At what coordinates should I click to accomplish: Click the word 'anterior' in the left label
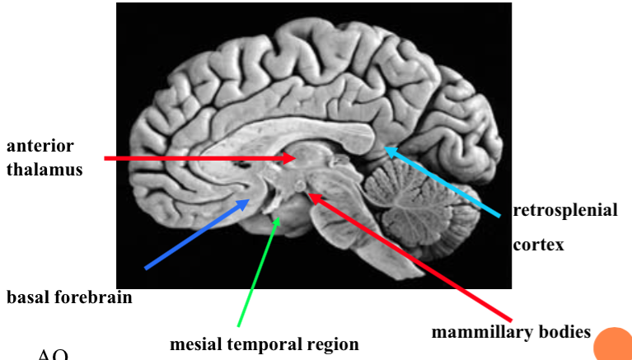click(40, 146)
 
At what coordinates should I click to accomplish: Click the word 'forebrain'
click(91, 297)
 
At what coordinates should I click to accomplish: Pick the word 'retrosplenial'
click(564, 210)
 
